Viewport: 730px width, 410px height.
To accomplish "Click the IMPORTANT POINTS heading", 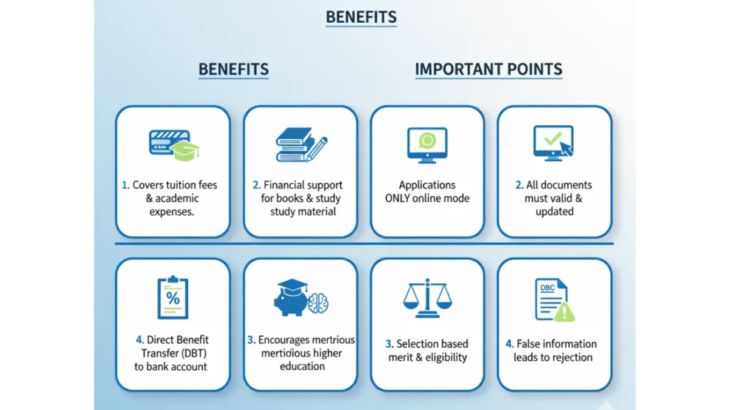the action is pos(488,69).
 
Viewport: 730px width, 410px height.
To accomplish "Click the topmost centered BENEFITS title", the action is pos(361,17).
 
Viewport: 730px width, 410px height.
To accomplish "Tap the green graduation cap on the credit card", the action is pos(185,151).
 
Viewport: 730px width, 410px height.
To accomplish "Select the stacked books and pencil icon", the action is pos(302,144).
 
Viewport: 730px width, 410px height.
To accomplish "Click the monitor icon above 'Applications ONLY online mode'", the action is pos(427,145).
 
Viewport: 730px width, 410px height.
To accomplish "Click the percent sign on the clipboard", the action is pos(173,298).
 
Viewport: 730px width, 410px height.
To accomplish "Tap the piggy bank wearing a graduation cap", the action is pos(291,298).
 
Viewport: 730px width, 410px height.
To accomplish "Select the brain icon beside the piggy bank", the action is pos(319,303).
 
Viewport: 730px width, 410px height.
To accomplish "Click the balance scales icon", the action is pos(428,298).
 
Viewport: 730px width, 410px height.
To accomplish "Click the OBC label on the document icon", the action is pos(547,288).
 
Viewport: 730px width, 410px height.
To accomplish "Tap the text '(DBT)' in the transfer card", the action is pos(192,353).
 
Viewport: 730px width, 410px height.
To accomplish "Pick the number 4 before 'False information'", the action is pos(509,344).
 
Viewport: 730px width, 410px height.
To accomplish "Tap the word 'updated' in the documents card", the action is pos(554,212).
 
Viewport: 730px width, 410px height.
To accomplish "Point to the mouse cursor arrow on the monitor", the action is pos(566,148).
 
